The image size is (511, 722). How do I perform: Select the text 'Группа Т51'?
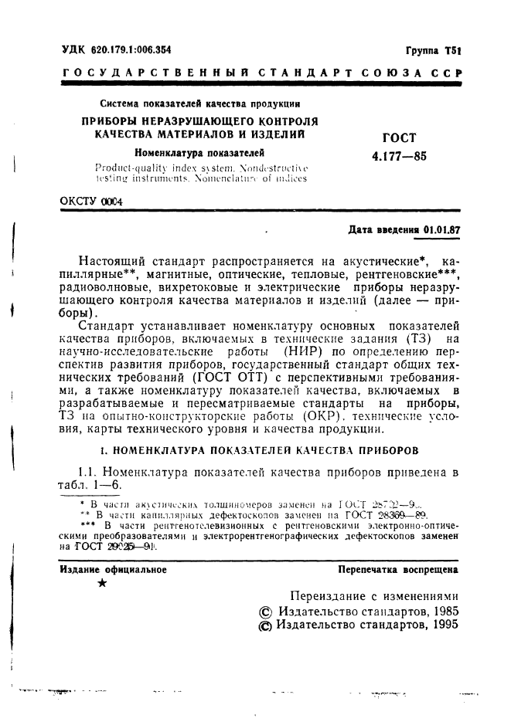pyautogui.click(x=433, y=49)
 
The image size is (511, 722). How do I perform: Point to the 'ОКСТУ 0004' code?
pyautogui.click(x=90, y=201)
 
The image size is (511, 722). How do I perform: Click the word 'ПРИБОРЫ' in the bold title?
pyautogui.click(x=115, y=121)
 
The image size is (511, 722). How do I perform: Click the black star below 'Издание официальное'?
pyautogui.click(x=103, y=585)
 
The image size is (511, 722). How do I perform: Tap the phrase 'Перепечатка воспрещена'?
pyautogui.click(x=398, y=570)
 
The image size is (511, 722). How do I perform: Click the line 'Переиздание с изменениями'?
pyautogui.click(x=373, y=595)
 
